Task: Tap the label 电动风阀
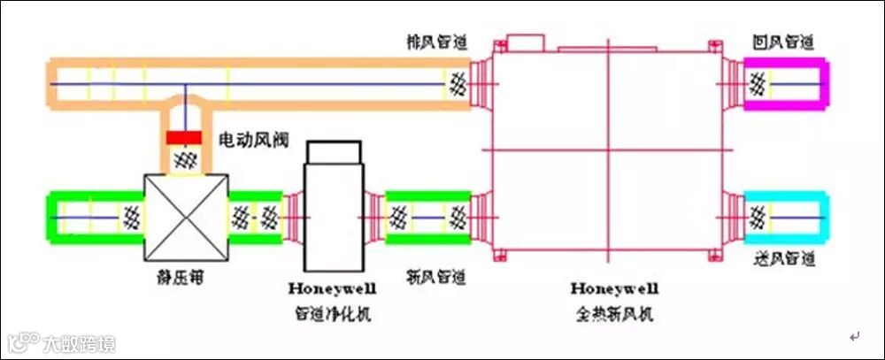(x=250, y=140)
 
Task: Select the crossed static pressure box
(x=186, y=217)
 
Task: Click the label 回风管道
(x=782, y=42)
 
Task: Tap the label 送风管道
(x=782, y=260)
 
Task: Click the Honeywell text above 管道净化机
(x=332, y=287)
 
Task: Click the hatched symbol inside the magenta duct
(x=758, y=85)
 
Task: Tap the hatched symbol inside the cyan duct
(x=758, y=216)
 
